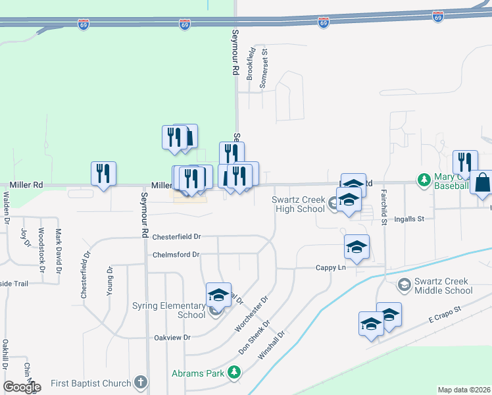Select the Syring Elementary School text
click(x=169, y=310)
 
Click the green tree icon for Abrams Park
click(x=234, y=373)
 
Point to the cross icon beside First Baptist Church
click(x=140, y=382)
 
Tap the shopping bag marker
click(x=482, y=182)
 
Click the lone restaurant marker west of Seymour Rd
click(x=103, y=173)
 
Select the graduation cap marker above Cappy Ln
click(x=357, y=247)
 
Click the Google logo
click(x=22, y=386)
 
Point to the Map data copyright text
click(x=464, y=390)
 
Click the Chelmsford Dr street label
click(x=176, y=255)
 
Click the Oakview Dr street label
click(x=172, y=337)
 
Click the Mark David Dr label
click(x=59, y=251)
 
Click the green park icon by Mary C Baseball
click(x=424, y=178)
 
